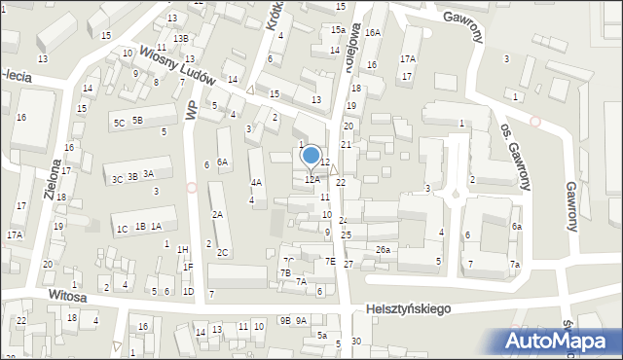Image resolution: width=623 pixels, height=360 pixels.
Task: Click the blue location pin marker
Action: coord(311,156)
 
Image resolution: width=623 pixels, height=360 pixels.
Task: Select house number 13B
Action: coord(181,39)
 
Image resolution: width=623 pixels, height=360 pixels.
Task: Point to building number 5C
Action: coord(119,123)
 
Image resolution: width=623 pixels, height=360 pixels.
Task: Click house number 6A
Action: coord(223,162)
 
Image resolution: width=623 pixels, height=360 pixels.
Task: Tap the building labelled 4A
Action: coord(256,182)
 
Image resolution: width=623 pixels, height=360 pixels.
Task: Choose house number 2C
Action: coord(223,253)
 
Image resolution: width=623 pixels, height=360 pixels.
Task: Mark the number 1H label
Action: coord(182,249)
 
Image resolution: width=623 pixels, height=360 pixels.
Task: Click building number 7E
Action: coord(330,261)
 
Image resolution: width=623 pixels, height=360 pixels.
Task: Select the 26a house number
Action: coord(384,250)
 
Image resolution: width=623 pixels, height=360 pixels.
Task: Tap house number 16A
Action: coord(373,33)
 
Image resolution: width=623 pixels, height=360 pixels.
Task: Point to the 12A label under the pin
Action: coord(311,179)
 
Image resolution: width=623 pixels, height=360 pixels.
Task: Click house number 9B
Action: coord(285,320)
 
